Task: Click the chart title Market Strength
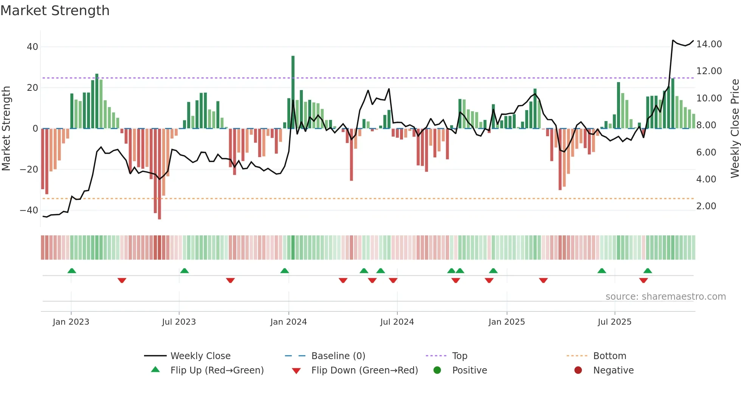pyautogui.click(x=55, y=11)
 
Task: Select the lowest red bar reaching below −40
pyautogui.click(x=160, y=174)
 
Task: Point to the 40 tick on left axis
pyautogui.click(x=33, y=47)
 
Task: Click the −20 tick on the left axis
pyautogui.click(x=29, y=170)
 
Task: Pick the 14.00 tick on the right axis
pyautogui.click(x=709, y=44)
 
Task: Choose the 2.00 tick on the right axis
pyautogui.click(x=706, y=206)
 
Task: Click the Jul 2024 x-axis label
pyautogui.click(x=397, y=322)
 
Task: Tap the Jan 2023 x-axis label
pyautogui.click(x=71, y=322)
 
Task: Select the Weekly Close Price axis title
pyautogui.click(x=735, y=129)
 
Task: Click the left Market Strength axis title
pyautogui.click(x=6, y=129)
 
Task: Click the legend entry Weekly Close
pyautogui.click(x=200, y=356)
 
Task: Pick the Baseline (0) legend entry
pyautogui.click(x=338, y=356)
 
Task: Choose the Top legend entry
pyautogui.click(x=460, y=356)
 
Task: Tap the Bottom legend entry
pyautogui.click(x=609, y=356)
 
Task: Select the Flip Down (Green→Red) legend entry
pyautogui.click(x=364, y=370)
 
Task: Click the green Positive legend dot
pyautogui.click(x=437, y=370)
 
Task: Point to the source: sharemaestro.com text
pyautogui.click(x=665, y=297)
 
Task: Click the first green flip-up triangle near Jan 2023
pyautogui.click(x=72, y=271)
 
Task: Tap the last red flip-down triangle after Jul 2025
pyautogui.click(x=643, y=280)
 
